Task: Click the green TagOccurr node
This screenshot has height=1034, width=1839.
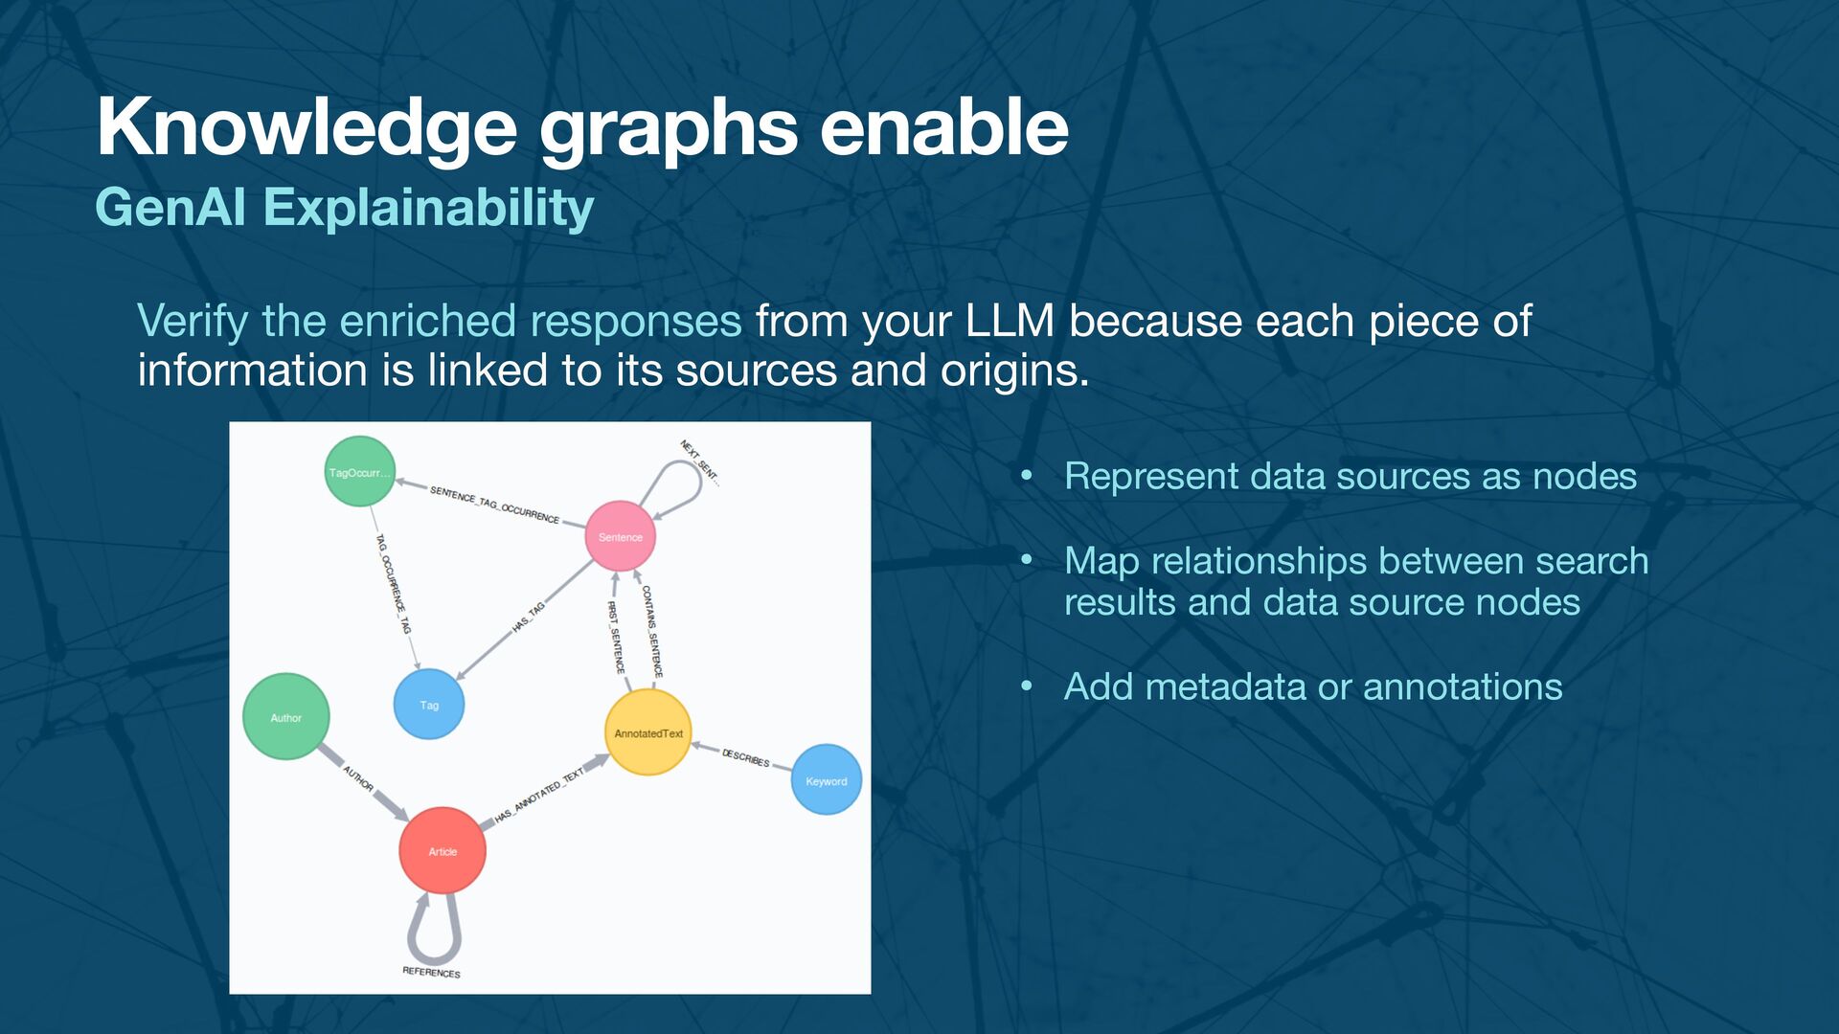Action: tap(359, 471)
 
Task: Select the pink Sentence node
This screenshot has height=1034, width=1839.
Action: tap(621, 536)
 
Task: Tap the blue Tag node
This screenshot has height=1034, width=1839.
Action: tap(429, 705)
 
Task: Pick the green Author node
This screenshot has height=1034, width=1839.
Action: tap(285, 717)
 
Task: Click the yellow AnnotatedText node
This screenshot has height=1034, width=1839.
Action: tap(648, 732)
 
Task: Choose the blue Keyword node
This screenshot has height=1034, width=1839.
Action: tap(826, 780)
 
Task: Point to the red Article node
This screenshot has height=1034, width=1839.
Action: tap(443, 850)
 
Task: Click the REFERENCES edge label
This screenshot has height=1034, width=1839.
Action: tap(431, 972)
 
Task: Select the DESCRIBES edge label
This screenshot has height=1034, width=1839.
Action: tap(745, 757)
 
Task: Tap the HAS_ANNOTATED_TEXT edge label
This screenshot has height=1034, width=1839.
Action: tap(539, 796)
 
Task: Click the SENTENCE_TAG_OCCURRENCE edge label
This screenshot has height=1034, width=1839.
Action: tap(494, 505)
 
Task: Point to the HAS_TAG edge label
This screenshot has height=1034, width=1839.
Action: tap(528, 618)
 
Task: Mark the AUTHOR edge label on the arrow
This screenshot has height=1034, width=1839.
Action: tap(357, 777)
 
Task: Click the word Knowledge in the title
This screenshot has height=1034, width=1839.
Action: tap(306, 127)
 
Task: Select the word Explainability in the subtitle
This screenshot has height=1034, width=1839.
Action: tap(428, 208)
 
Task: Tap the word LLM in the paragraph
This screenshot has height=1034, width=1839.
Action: tap(1010, 322)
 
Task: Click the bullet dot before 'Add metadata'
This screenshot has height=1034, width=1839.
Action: tap(1027, 686)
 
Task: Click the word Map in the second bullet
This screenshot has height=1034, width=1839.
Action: tap(1101, 561)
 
